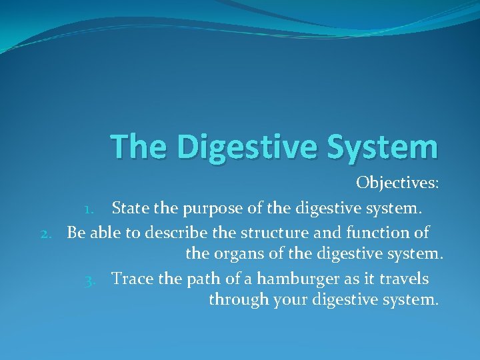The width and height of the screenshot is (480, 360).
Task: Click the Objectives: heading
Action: pos(397,183)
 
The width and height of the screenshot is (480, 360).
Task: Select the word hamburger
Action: pos(295,278)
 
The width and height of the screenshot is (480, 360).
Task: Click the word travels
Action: pos(403,278)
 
